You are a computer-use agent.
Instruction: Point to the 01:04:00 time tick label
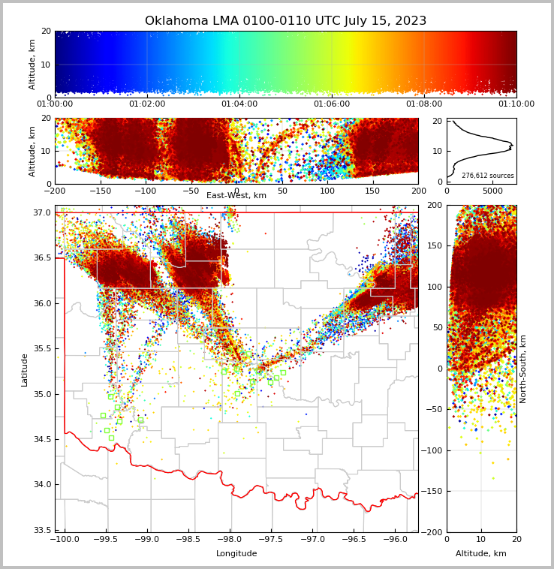(x=239, y=104)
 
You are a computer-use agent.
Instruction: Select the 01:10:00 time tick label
(x=516, y=104)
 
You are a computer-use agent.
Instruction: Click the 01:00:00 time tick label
(x=55, y=104)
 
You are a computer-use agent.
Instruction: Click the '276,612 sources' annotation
(x=487, y=176)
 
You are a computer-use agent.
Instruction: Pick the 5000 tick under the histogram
(x=492, y=191)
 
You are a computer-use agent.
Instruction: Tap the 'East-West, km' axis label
(x=236, y=195)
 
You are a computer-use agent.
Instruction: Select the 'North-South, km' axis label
(x=523, y=369)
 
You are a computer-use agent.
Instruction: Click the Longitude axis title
(x=236, y=553)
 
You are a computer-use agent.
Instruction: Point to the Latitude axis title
(x=25, y=369)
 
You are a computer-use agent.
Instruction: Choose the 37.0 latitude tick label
(x=42, y=212)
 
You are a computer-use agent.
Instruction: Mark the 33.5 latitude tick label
(x=42, y=530)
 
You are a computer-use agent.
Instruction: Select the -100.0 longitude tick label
(x=65, y=540)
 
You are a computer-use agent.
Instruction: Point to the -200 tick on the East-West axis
(x=55, y=191)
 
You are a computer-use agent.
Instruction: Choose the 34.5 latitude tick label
(x=42, y=439)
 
